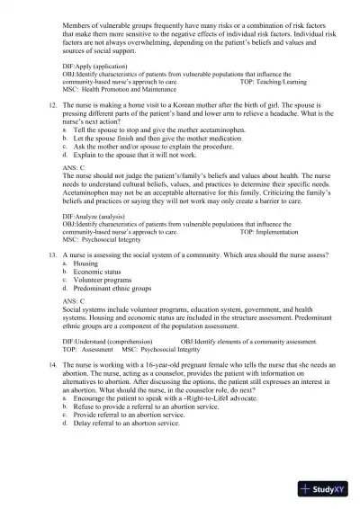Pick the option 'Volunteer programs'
[103, 280]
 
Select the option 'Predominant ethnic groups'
[112, 288]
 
